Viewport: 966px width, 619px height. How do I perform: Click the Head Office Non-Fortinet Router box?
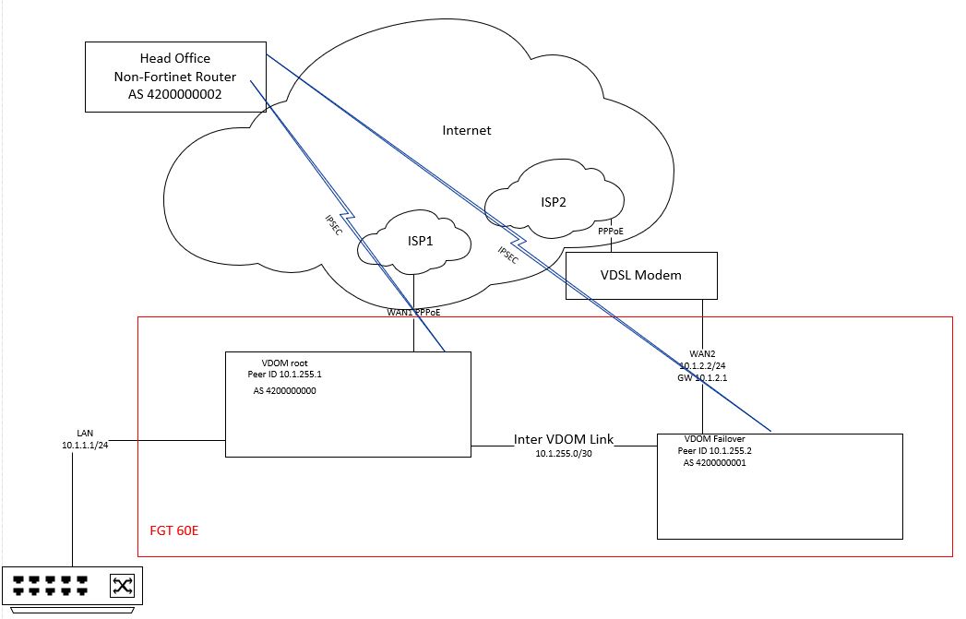pyautogui.click(x=175, y=76)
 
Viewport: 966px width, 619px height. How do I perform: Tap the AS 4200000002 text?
pyautogui.click(x=175, y=94)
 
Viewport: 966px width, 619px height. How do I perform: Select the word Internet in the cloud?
pyautogui.click(x=467, y=130)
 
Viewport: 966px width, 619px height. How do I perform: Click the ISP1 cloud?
pyautogui.click(x=414, y=242)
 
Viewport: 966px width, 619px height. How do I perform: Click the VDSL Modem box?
pyautogui.click(x=640, y=275)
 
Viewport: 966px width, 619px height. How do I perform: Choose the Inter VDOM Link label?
pyautogui.click(x=564, y=439)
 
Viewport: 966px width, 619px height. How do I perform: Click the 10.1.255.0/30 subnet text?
pyautogui.click(x=564, y=454)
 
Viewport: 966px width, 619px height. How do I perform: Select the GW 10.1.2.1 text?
pyautogui.click(x=702, y=377)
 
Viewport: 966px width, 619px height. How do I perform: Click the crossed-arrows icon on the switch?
pyautogui.click(x=123, y=585)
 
